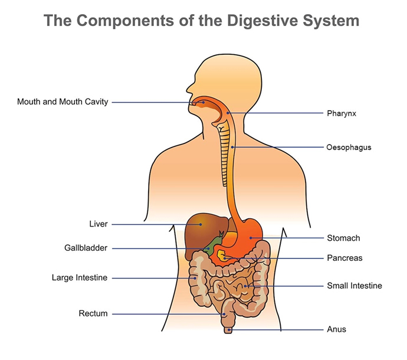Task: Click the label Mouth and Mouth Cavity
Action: (x=63, y=102)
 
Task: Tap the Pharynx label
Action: (x=342, y=112)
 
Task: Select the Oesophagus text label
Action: (x=349, y=147)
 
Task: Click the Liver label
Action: (x=98, y=224)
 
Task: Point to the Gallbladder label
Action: (x=86, y=248)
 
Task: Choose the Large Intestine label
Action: (x=80, y=277)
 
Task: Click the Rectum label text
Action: (x=93, y=313)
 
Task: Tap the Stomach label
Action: (x=343, y=238)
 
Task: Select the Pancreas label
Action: (x=344, y=258)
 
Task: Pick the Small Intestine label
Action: (x=355, y=286)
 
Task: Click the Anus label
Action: (x=336, y=329)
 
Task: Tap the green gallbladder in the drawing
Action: (x=207, y=248)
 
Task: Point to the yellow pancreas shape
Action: (x=222, y=256)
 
